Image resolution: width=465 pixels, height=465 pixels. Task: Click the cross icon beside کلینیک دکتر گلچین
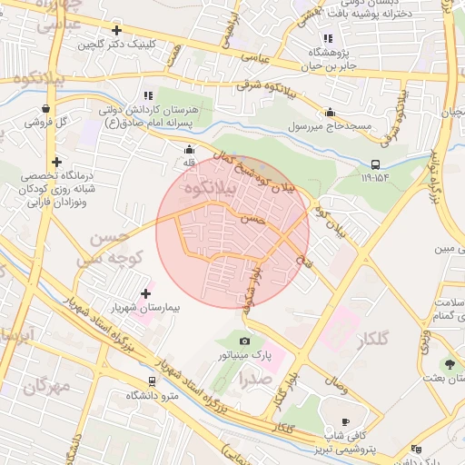point(115,31)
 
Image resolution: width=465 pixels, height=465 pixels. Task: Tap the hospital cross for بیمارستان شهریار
point(146,293)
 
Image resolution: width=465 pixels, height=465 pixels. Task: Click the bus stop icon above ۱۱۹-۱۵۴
point(375,164)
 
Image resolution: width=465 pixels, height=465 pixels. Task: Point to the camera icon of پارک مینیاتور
point(245,340)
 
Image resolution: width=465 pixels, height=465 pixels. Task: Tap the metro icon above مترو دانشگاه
point(152,381)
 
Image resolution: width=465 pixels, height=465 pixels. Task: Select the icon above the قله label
point(189,150)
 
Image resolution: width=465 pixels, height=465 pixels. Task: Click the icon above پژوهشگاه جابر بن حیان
point(328,38)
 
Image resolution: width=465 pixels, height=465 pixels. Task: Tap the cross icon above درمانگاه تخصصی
point(56,161)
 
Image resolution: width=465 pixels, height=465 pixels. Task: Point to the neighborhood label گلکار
point(373,341)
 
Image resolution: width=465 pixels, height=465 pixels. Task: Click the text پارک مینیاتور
point(245,355)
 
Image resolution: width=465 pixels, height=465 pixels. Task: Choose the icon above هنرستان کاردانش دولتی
point(147,95)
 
